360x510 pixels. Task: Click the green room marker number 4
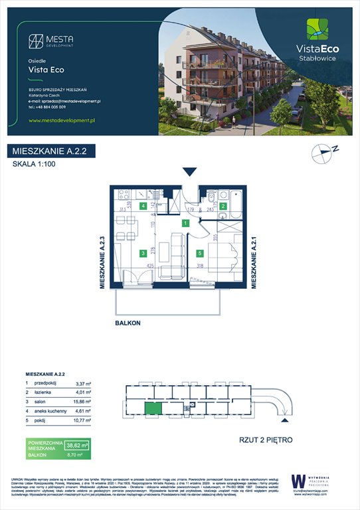pos(143,206)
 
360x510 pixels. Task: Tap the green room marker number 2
pos(224,207)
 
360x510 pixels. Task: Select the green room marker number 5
pos(199,253)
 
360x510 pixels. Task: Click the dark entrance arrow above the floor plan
pos(190,172)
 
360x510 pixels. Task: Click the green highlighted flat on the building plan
pos(153,412)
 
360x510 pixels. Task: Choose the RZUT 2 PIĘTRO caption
pos(265,440)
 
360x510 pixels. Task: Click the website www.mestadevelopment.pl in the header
pos(64,120)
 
